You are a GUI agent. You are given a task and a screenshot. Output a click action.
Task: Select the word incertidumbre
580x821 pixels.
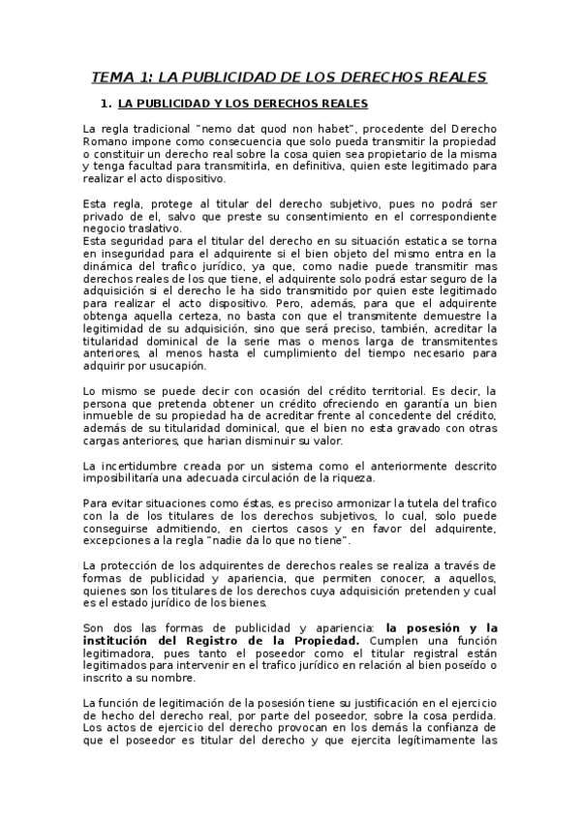point(146,467)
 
